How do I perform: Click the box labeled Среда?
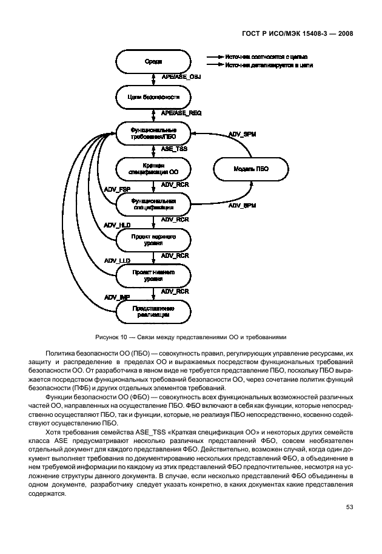pos(153,62)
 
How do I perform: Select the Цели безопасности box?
pos(153,96)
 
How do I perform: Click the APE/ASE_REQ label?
pos(181,113)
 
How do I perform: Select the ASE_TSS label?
pos(174,149)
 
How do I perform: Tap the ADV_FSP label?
pos(117,190)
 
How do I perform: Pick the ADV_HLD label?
pos(117,225)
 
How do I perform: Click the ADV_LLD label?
pos(117,261)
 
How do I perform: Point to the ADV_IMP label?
pos(117,297)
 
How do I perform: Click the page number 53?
pos(349,507)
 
